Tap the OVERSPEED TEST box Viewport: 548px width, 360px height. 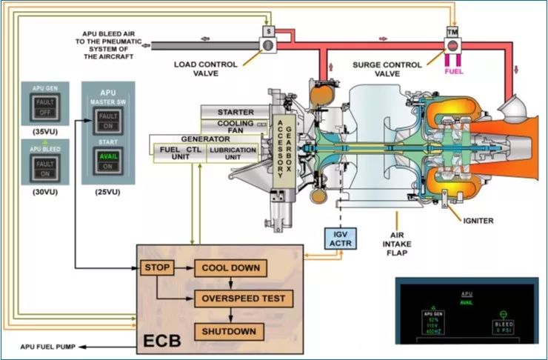click(244, 299)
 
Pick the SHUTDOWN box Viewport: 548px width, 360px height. click(230, 330)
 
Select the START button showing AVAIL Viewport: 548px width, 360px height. click(107, 160)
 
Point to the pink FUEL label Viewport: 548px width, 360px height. click(453, 73)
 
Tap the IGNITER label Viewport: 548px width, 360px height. click(478, 221)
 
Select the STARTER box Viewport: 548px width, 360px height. click(235, 112)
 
